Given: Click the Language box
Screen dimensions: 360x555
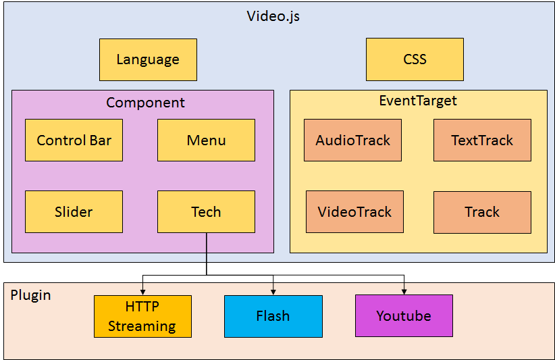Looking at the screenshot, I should point(148,59).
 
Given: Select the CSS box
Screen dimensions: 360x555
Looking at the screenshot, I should point(415,59).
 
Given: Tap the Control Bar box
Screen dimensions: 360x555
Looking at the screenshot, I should point(74,140).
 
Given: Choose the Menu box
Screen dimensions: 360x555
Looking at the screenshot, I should point(206,140).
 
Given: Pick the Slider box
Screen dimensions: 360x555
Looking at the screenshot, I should point(74,212).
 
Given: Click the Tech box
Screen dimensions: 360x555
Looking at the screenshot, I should point(206,212).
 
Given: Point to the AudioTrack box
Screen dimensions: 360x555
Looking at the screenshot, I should point(352,140).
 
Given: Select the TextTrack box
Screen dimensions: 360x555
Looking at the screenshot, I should point(482,140).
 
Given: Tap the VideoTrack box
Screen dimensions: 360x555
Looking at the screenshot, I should point(354,212).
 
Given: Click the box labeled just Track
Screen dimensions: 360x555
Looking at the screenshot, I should point(482,212).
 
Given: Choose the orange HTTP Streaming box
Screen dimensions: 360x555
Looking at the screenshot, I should point(142,316).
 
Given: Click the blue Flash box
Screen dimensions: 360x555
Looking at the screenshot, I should point(273,316).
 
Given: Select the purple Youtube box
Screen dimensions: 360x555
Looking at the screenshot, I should point(404,316).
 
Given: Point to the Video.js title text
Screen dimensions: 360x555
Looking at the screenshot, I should point(273,16).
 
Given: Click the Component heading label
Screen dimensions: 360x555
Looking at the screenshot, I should point(145,103).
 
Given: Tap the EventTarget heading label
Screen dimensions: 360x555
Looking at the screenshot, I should point(418,101).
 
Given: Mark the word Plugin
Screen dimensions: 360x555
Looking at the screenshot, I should point(30,296).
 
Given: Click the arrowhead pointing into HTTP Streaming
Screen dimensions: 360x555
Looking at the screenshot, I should point(142,291).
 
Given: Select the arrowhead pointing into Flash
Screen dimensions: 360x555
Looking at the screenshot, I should point(273,291).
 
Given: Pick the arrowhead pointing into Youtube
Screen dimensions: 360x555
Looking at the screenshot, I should point(404,291).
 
